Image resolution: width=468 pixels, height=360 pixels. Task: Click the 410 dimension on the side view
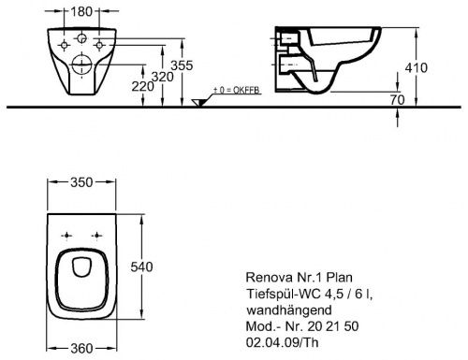[x=428, y=67]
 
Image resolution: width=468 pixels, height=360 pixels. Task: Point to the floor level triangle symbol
[x=197, y=102]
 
